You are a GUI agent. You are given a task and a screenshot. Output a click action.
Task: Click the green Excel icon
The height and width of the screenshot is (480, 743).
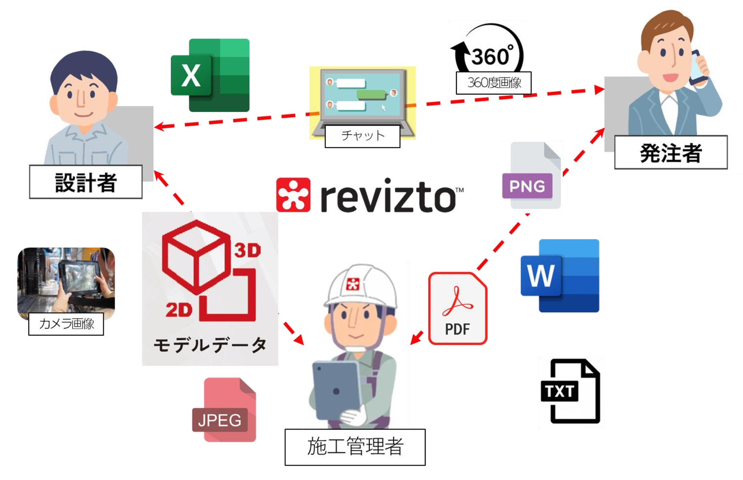click(210, 75)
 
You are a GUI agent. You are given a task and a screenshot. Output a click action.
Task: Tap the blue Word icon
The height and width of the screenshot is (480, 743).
click(560, 276)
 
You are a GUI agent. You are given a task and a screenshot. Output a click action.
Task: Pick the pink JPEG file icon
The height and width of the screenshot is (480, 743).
click(225, 410)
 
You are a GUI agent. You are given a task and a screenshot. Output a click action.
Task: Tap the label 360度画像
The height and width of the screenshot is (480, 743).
click(494, 83)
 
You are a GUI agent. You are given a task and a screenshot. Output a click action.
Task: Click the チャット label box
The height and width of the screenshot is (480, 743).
click(362, 136)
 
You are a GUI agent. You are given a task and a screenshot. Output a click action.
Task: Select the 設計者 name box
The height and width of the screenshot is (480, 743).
click(86, 182)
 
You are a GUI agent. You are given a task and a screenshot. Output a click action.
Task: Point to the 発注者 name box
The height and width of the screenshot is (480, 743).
click(671, 152)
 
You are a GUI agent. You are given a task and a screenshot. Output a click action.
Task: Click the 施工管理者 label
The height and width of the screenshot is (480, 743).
click(355, 447)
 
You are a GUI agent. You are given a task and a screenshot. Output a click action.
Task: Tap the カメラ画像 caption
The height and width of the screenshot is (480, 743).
click(66, 324)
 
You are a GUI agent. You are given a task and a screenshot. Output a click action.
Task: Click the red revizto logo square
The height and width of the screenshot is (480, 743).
click(293, 195)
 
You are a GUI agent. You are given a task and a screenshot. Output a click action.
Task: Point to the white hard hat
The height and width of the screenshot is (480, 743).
click(360, 286)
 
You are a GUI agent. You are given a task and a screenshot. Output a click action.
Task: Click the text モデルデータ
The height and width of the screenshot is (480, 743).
click(210, 345)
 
